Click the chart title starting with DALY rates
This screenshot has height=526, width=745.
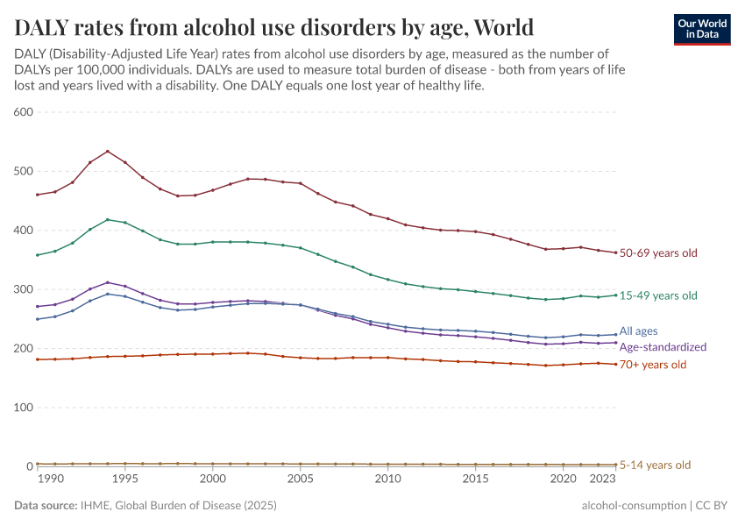click(273, 25)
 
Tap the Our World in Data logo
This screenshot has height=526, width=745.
click(701, 29)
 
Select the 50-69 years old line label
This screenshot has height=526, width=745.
click(658, 253)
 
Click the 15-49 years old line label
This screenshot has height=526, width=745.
click(658, 295)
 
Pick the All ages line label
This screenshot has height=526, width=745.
click(640, 331)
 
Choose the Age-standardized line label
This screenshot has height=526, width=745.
click(663, 347)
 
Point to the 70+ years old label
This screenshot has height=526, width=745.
click(653, 365)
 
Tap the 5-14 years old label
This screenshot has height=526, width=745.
click(655, 466)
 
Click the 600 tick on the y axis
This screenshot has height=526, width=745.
click(24, 112)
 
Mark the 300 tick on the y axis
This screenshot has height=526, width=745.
click(24, 289)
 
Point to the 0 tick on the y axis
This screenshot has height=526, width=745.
click(29, 466)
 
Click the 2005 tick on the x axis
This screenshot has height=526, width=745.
click(301, 480)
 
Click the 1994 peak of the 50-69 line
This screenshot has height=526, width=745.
click(108, 151)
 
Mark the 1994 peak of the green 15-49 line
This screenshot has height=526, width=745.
click(108, 219)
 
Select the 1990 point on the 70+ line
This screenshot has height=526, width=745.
click(38, 359)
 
